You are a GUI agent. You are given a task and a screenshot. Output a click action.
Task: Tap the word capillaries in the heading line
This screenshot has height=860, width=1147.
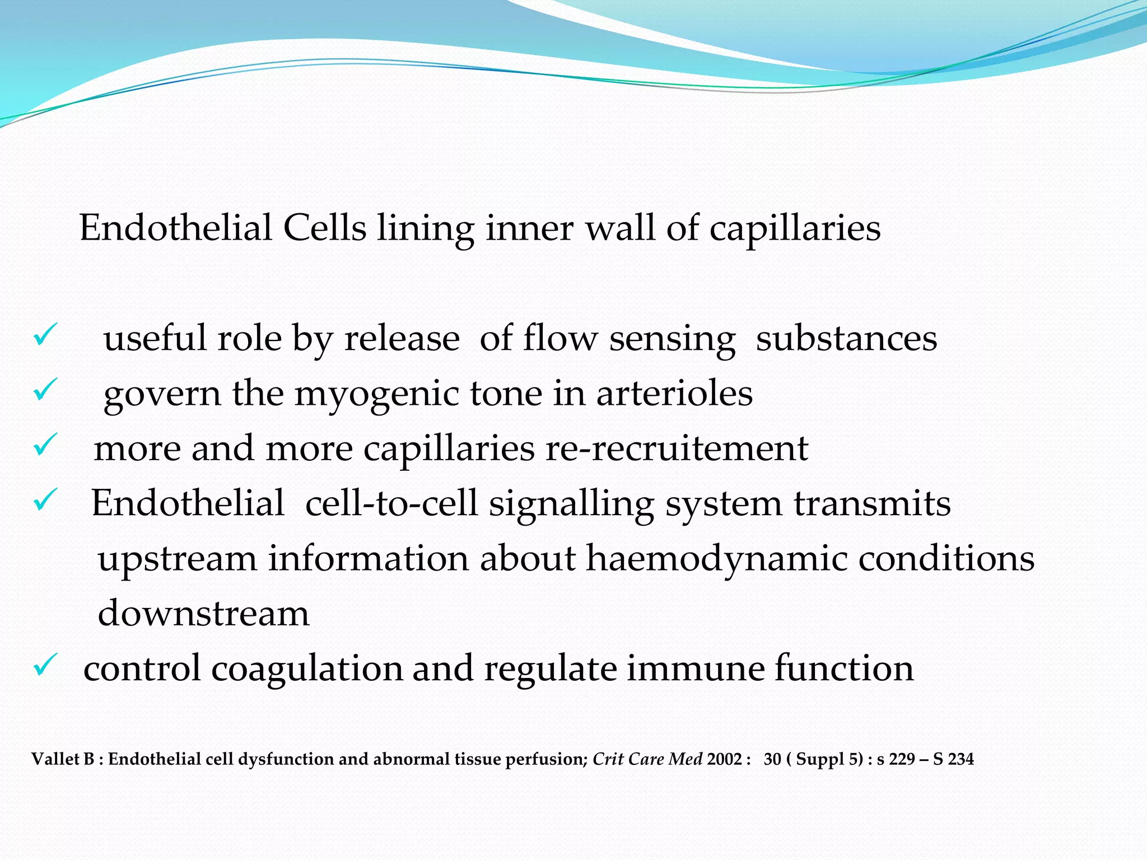pos(795,230)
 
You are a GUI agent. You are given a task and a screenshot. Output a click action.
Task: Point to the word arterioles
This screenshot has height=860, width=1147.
pos(674,393)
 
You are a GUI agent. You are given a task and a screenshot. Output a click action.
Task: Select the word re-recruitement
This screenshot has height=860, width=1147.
pos(677,448)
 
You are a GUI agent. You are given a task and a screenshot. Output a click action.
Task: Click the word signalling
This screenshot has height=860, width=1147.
pos(571,504)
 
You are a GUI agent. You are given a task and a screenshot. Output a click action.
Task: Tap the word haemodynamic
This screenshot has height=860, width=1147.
pos(716,559)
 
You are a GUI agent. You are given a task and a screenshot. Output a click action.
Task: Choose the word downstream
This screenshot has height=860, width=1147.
pos(203,613)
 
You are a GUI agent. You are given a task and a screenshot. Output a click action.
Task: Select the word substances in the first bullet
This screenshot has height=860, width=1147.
pos(846,339)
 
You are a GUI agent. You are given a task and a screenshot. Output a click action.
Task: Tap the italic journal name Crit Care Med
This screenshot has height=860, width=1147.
pos(647,759)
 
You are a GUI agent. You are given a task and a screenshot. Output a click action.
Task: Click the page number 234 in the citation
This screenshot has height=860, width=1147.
pos(961,759)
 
